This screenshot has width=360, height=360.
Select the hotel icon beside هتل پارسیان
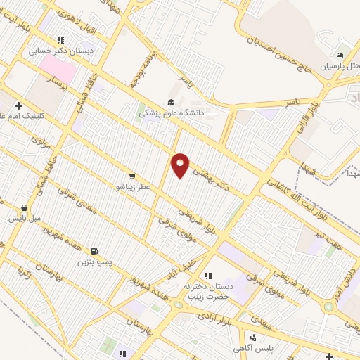tap(340, 56)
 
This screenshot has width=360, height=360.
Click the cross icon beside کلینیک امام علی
tap(19, 105)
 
